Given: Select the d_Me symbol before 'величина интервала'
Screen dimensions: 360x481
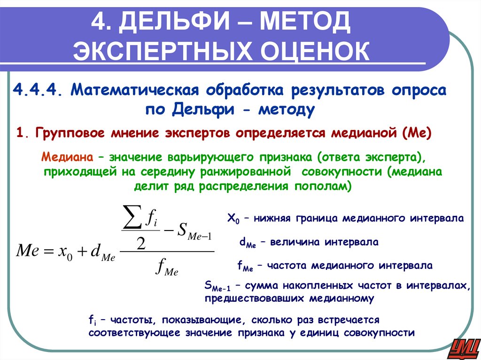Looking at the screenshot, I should coord(247,243).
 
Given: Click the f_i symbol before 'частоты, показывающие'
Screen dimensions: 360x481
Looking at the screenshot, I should coord(92,321).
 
